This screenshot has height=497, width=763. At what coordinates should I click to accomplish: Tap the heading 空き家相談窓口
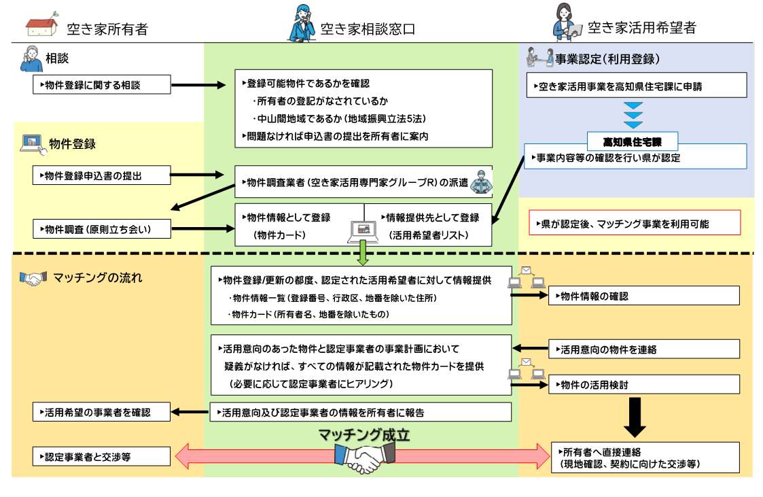coord(367,29)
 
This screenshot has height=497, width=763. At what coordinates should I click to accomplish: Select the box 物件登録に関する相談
coord(102,85)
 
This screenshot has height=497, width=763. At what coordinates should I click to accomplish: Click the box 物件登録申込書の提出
coord(102,175)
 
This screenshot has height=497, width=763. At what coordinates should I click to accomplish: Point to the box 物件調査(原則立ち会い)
coord(102,229)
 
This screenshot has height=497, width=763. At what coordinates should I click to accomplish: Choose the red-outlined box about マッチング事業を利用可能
coord(634,223)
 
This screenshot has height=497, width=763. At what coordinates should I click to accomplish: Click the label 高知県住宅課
coord(633,141)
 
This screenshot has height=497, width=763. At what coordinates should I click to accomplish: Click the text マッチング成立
coord(364,435)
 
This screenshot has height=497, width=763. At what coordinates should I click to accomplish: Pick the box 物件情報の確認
coord(644,296)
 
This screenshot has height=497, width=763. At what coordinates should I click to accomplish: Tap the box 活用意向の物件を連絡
coord(644,349)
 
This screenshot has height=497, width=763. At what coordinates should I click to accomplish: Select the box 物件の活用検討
coord(644,384)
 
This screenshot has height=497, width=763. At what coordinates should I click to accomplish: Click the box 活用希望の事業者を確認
coord(102,412)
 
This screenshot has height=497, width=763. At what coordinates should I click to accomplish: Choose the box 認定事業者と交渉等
coord(102,456)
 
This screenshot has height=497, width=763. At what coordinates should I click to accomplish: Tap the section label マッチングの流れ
coord(88,277)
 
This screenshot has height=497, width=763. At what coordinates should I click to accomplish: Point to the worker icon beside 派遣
coord(481,182)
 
